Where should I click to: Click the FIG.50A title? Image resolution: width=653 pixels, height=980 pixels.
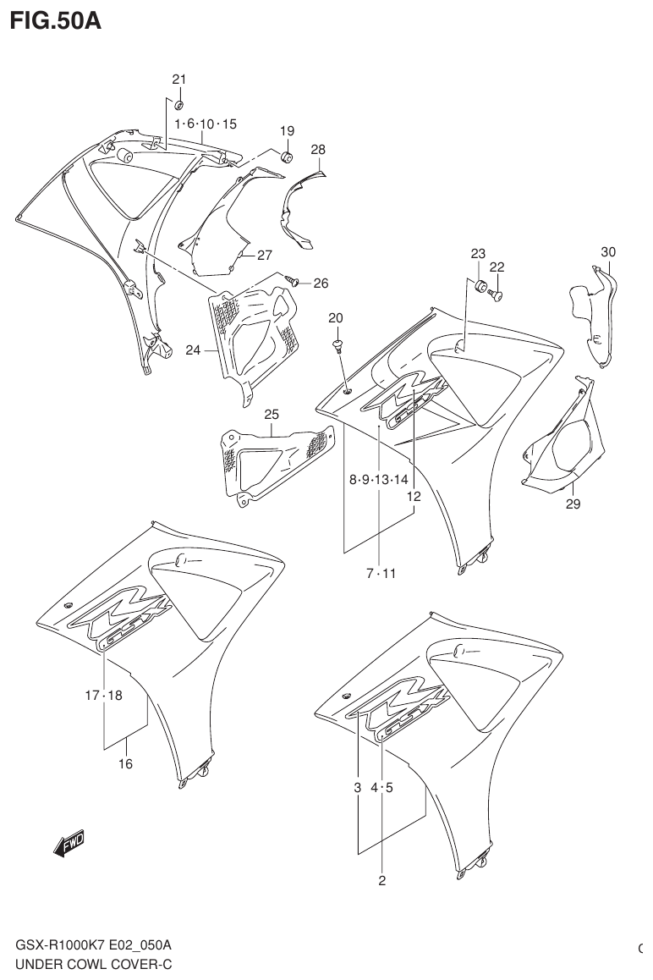point(55,21)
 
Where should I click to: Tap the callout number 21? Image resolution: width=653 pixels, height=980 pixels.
point(178,80)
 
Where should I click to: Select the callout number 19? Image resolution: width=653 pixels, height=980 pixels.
point(287,131)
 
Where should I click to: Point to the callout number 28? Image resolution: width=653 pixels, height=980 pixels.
point(317,150)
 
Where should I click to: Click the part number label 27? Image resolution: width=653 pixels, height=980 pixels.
point(265,255)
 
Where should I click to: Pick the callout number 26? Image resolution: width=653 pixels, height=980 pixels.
point(321,283)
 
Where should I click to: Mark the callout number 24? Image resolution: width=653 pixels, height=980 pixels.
point(194,349)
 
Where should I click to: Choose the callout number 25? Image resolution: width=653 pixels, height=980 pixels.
point(271,414)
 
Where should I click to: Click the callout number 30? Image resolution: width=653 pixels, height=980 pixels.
point(608,251)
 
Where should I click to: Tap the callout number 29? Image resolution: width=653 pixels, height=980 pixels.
point(573,504)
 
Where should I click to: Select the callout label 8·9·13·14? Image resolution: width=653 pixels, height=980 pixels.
point(379,480)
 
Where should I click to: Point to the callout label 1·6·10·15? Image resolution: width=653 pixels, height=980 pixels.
point(206,124)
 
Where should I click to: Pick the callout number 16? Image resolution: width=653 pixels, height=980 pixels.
point(125,763)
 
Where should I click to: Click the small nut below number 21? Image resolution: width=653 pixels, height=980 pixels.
point(179,105)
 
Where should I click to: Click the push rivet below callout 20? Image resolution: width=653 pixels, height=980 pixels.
point(337,345)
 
